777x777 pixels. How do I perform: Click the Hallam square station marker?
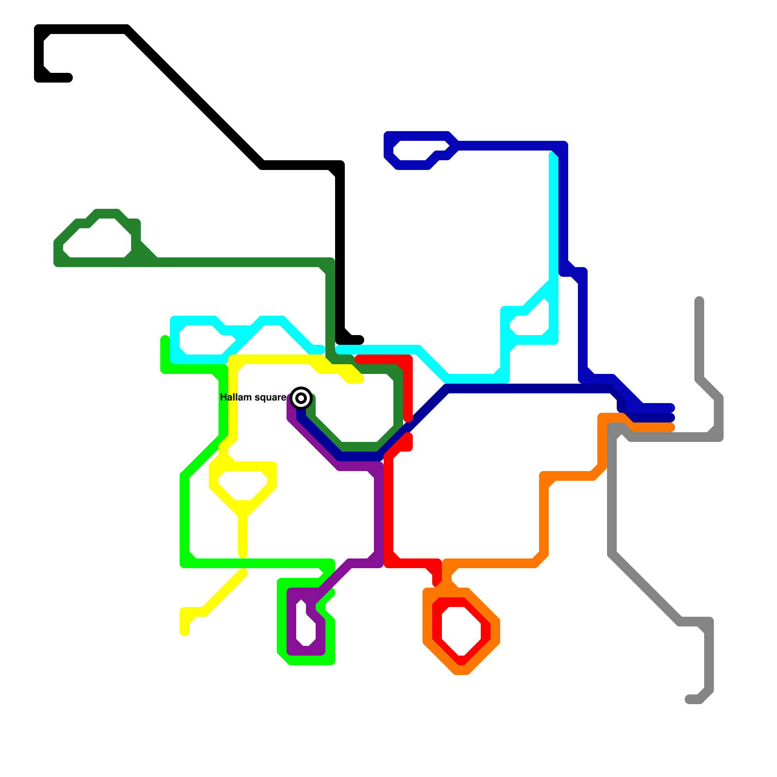click(301, 398)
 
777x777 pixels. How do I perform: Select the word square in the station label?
click(270, 398)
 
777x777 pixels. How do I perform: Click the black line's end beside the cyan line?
click(360, 339)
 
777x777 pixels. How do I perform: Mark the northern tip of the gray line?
click(699, 300)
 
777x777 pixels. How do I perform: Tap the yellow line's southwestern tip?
click(185, 632)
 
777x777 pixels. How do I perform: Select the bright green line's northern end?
click(165, 339)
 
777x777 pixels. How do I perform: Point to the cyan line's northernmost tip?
click(553, 155)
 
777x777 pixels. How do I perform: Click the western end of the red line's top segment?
click(359, 359)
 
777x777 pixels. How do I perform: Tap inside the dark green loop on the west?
click(97, 240)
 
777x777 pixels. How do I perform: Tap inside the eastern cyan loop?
click(532, 323)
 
